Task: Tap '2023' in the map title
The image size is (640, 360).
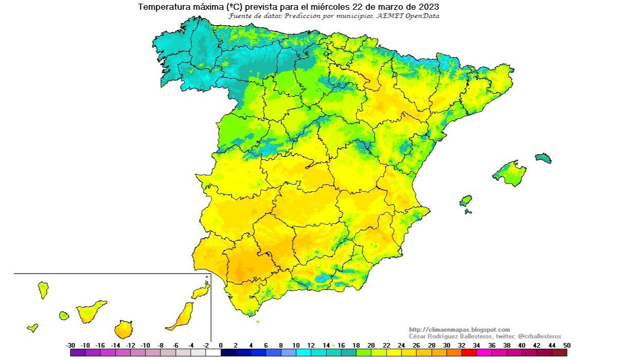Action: (x=429, y=7)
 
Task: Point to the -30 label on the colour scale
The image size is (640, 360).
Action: (x=71, y=346)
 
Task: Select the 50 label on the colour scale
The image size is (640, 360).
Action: (x=566, y=346)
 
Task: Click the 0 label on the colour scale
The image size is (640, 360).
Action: (x=221, y=346)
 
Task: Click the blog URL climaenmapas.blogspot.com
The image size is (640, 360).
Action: (x=460, y=330)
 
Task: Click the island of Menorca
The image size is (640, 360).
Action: (x=543, y=158)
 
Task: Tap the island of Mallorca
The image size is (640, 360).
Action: (x=510, y=173)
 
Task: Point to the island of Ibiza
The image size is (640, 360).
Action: (x=465, y=200)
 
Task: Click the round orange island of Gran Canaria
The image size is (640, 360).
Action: (x=123, y=329)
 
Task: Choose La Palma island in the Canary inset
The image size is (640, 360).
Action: (x=43, y=290)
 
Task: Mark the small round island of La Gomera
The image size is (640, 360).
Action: (x=64, y=315)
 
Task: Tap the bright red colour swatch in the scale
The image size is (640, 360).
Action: (x=469, y=353)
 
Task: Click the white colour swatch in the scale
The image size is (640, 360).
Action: (x=213, y=353)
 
